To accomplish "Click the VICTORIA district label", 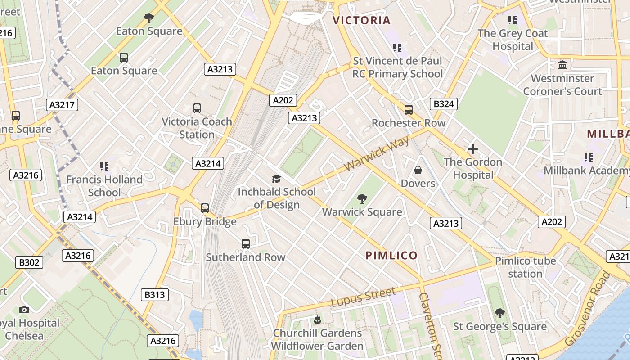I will pyautogui.click(x=361, y=20).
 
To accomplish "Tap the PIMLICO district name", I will pyautogui.click(x=391, y=256).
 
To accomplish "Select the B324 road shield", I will pyautogui.click(x=443, y=104).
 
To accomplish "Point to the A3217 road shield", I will pyautogui.click(x=62, y=105).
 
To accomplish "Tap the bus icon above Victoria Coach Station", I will pyautogui.click(x=197, y=108).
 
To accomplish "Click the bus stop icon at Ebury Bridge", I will pyautogui.click(x=205, y=208).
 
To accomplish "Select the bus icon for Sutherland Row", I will pyautogui.click(x=246, y=244).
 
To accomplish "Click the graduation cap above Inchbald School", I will pyautogui.click(x=276, y=179).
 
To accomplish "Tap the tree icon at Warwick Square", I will pyautogui.click(x=362, y=199).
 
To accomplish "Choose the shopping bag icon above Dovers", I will pyautogui.click(x=418, y=170).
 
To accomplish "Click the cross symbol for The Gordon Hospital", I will pyautogui.click(x=472, y=149).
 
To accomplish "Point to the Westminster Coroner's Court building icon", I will pyautogui.click(x=562, y=65).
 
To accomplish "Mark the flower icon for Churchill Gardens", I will pyautogui.click(x=317, y=320).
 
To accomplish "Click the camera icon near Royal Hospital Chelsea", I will pyautogui.click(x=24, y=310).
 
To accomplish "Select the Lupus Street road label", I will pyautogui.click(x=364, y=297).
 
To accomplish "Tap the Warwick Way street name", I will pyautogui.click(x=377, y=153).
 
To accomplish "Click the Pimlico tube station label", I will pyautogui.click(x=525, y=267).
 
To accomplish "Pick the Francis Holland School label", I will pyautogui.click(x=104, y=186).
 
